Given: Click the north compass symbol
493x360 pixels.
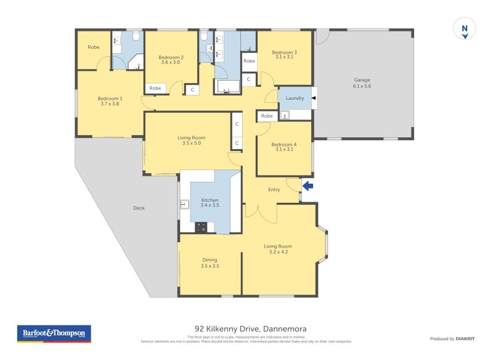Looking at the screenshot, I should [465, 29].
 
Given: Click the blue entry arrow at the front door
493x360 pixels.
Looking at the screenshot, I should [308, 186].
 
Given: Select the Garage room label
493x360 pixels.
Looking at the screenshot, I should [362, 82].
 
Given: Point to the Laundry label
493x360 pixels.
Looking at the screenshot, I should [295, 98].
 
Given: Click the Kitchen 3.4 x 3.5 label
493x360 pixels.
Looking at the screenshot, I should [210, 203].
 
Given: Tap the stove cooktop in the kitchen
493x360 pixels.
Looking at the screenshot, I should [201, 227].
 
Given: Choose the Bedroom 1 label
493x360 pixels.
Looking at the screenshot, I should [110, 101].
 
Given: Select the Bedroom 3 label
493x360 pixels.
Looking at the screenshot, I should [284, 55].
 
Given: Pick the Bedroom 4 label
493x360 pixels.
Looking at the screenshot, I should [284, 147].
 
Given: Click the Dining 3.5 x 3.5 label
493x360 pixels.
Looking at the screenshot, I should [210, 263].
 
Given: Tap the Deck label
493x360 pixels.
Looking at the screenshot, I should [139, 208].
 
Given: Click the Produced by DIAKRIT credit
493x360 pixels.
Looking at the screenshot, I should [455, 338].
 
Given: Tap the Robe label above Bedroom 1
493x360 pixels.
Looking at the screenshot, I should [94, 47].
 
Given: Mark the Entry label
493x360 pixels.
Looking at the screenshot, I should [274, 189].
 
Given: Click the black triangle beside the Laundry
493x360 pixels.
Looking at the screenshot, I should [313, 98].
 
